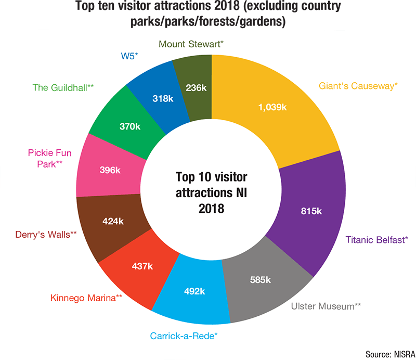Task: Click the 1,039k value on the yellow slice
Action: (272, 107)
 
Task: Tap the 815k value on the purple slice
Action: (312, 211)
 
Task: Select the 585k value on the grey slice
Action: (260, 280)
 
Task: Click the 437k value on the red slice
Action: (142, 266)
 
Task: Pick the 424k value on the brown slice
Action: (113, 221)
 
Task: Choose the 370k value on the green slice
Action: (129, 126)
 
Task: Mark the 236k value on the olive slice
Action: (196, 88)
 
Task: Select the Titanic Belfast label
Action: (377, 240)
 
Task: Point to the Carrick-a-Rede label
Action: (184, 336)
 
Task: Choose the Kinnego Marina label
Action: (86, 298)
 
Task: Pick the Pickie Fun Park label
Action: (49, 158)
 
